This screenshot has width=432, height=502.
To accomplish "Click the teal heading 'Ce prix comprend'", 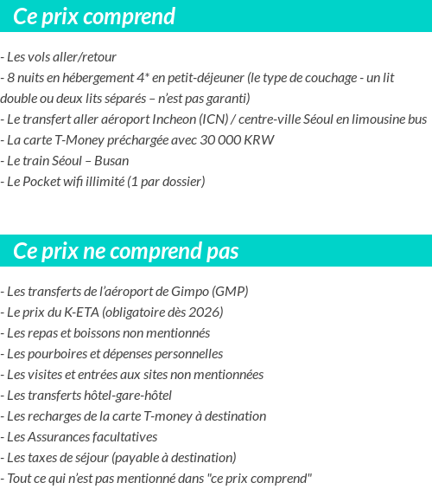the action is tap(95, 16).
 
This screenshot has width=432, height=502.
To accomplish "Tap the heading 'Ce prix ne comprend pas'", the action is tap(126, 251).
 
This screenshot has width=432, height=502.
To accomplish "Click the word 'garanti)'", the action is tap(225, 99).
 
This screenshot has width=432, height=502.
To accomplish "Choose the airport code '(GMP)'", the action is tap(230, 292).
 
